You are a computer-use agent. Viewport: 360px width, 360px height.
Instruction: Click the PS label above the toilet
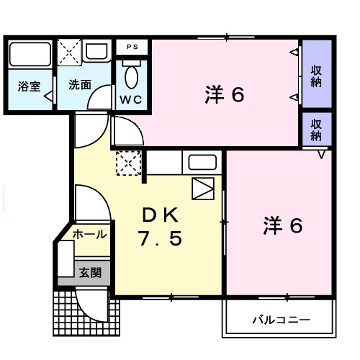pyautogui.click(x=132, y=47)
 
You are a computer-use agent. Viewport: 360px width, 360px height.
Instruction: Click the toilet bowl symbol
pyautogui.click(x=132, y=75)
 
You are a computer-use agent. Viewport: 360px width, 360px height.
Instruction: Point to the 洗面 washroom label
pyautogui.click(x=79, y=84)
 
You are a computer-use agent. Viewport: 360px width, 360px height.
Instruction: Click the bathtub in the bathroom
pyautogui.click(x=30, y=54)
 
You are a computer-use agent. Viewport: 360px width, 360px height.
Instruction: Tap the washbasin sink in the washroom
pyautogui.click(x=94, y=51)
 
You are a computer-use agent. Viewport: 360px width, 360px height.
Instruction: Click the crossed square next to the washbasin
pyautogui.click(x=70, y=51)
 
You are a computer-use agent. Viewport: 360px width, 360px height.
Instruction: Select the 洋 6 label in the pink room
pyautogui.click(x=225, y=94)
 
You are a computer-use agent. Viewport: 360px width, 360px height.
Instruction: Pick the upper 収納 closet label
pyautogui.click(x=316, y=76)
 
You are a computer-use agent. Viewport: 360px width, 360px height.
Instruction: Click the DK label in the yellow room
pyautogui.click(x=159, y=215)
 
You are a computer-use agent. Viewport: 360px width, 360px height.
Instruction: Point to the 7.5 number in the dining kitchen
pyautogui.click(x=159, y=238)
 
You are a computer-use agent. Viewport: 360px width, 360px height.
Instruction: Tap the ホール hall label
pyautogui.click(x=90, y=234)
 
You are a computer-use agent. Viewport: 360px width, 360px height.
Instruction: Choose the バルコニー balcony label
pyautogui.click(x=280, y=318)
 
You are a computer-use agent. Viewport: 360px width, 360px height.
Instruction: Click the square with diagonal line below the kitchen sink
pyautogui.click(x=204, y=188)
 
